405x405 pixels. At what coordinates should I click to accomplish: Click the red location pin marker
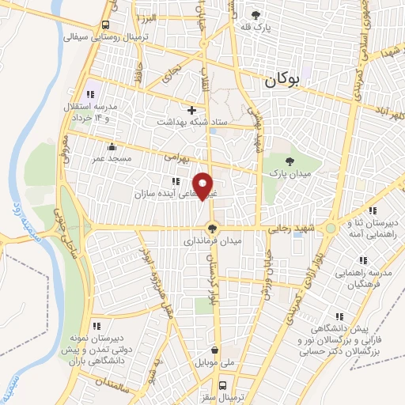point(204,185)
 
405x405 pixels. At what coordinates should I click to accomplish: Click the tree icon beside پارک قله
point(255,14)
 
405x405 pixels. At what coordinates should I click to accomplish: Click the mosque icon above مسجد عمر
point(112,146)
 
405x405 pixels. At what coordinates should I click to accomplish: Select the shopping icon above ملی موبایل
point(215,349)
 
